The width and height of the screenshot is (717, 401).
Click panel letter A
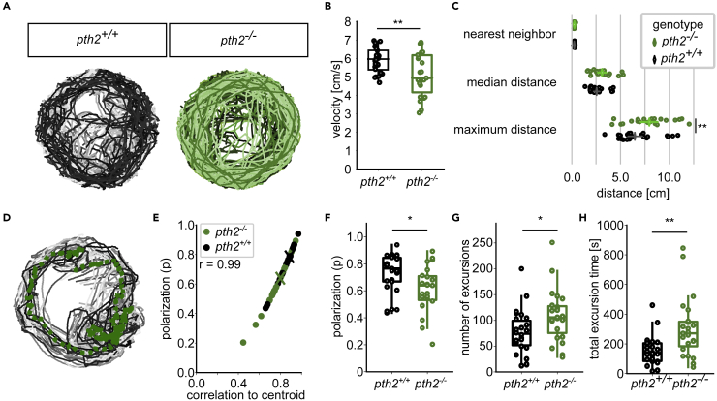click(x=7, y=7)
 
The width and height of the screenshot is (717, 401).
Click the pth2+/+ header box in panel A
click(x=97, y=41)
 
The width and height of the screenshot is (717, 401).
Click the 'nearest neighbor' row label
click(x=509, y=35)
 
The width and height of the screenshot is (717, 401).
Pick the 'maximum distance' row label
click(x=509, y=129)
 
